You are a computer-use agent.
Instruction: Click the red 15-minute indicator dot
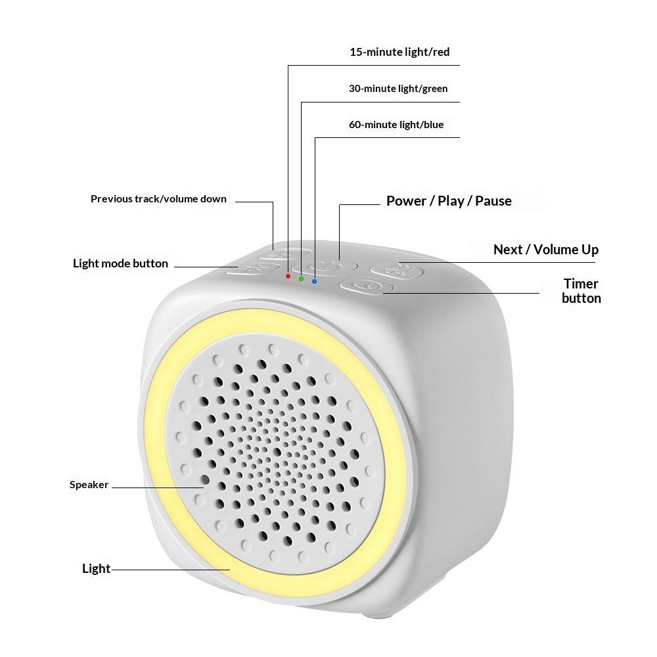(x=288, y=276)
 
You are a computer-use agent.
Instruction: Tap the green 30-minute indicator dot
(x=302, y=279)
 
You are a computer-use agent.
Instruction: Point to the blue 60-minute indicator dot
(x=314, y=281)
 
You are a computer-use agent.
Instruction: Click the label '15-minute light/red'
(x=399, y=52)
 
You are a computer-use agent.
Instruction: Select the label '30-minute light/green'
(x=398, y=89)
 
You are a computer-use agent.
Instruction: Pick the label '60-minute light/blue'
(x=396, y=124)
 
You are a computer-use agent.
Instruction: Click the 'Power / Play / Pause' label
(x=449, y=201)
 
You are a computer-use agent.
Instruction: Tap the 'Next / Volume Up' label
(x=546, y=250)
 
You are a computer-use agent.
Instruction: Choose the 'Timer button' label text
(x=581, y=291)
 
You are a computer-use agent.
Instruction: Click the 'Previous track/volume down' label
(x=158, y=198)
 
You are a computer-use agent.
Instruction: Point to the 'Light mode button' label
(x=120, y=263)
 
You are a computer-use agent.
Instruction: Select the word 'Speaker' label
(x=89, y=485)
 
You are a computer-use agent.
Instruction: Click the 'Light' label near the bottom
(x=97, y=568)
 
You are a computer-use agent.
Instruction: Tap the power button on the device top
(x=325, y=267)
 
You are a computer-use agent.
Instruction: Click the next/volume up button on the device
(x=396, y=270)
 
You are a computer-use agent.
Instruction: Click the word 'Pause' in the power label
(x=493, y=201)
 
